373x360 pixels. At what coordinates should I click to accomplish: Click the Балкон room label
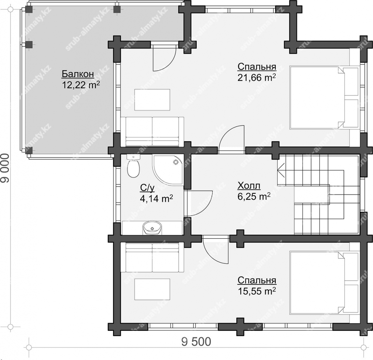click(x=78, y=74)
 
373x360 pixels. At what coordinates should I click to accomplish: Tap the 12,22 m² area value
click(x=81, y=85)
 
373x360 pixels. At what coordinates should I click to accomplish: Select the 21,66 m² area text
click(x=257, y=78)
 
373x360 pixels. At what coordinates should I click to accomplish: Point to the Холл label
click(x=249, y=186)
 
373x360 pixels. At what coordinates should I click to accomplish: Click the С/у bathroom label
click(x=147, y=188)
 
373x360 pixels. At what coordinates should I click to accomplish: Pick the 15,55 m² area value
click(x=257, y=291)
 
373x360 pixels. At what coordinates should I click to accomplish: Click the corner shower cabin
click(x=168, y=170)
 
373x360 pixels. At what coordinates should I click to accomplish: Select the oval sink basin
click(x=152, y=228)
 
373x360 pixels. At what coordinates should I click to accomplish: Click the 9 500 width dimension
click(x=196, y=342)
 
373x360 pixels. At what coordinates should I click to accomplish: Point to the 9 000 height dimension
click(x=5, y=168)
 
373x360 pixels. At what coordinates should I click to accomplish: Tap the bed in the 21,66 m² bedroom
click(x=324, y=98)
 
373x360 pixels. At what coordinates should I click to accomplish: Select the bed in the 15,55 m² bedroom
click(x=324, y=283)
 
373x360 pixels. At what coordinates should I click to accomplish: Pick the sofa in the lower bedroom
click(x=152, y=257)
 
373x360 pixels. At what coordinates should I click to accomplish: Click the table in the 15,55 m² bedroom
click(x=152, y=289)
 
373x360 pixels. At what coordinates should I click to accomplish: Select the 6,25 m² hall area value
click(x=254, y=197)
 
